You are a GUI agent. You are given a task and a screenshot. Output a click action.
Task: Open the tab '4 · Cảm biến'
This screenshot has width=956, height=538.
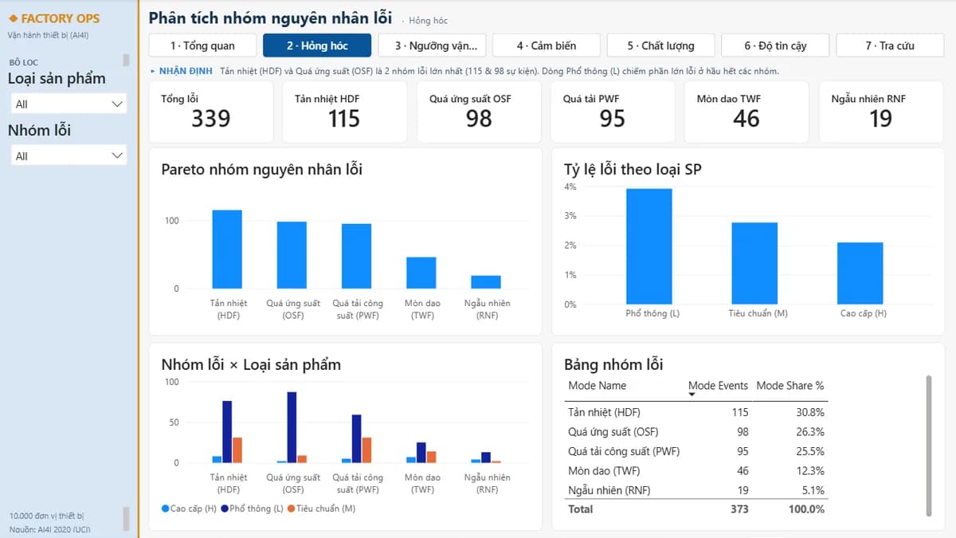click(547, 45)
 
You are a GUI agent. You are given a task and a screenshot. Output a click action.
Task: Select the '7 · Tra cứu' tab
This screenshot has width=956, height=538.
click(890, 45)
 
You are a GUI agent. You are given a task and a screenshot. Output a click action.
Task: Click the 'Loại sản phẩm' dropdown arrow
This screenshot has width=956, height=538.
click(117, 104)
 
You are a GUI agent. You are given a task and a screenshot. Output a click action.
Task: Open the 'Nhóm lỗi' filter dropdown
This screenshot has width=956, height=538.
click(69, 156)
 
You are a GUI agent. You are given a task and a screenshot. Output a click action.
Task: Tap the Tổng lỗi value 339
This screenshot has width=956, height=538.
click(211, 118)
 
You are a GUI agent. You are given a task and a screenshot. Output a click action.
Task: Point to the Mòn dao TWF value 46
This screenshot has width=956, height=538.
click(746, 118)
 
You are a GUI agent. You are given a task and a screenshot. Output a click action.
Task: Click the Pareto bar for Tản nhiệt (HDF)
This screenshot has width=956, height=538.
click(227, 249)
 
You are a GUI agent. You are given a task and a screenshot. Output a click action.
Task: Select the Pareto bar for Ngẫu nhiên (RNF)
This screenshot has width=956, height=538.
click(486, 282)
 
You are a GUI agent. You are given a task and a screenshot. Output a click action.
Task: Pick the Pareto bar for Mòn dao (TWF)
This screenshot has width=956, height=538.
click(421, 273)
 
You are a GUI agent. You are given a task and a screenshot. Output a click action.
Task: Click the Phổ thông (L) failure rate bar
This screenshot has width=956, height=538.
click(649, 246)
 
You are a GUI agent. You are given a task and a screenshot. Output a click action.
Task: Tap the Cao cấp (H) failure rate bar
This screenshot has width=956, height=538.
click(860, 273)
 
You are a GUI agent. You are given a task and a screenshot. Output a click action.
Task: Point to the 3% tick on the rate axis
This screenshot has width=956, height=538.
click(570, 216)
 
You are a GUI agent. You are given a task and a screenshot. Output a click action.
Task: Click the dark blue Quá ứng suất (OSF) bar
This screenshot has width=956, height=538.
click(292, 427)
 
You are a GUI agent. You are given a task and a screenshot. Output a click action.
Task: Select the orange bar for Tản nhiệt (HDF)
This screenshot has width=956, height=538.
click(237, 450)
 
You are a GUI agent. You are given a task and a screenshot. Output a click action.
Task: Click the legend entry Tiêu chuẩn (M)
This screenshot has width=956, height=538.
click(322, 509)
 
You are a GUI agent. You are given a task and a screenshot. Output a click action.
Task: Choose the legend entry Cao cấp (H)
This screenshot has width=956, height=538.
click(189, 509)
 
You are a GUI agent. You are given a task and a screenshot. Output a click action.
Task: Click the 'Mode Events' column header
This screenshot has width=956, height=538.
click(718, 386)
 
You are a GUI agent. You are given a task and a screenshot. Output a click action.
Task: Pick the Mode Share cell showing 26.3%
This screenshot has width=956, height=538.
click(810, 432)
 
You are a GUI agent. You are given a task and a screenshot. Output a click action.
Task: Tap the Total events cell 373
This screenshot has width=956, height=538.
click(739, 509)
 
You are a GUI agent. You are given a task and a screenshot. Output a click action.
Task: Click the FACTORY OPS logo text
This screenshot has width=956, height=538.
click(61, 19)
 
